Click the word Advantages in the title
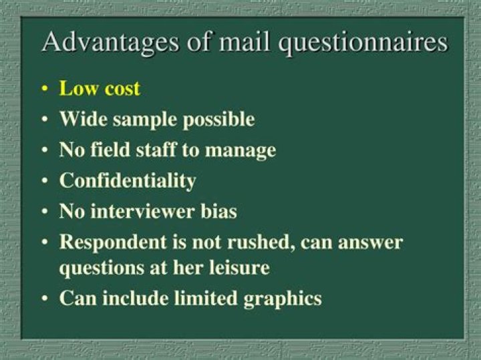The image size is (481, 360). tap(110, 42)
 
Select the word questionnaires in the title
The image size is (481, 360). tap(363, 43)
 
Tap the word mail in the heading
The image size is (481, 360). tap(245, 41)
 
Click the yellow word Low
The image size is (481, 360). tap(79, 88)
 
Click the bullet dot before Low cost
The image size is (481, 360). tap(45, 90)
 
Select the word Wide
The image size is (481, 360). tap(84, 119)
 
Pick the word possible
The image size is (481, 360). tap(218, 120)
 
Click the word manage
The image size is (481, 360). tap(240, 152)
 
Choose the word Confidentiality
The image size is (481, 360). tap(128, 181)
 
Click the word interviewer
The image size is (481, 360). tap(143, 211)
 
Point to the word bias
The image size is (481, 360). tap(218, 211)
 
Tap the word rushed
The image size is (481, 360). tap(262, 242)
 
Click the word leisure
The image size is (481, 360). tap(240, 268)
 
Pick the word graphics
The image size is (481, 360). tap(283, 299)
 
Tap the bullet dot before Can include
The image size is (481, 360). tap(45, 299)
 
